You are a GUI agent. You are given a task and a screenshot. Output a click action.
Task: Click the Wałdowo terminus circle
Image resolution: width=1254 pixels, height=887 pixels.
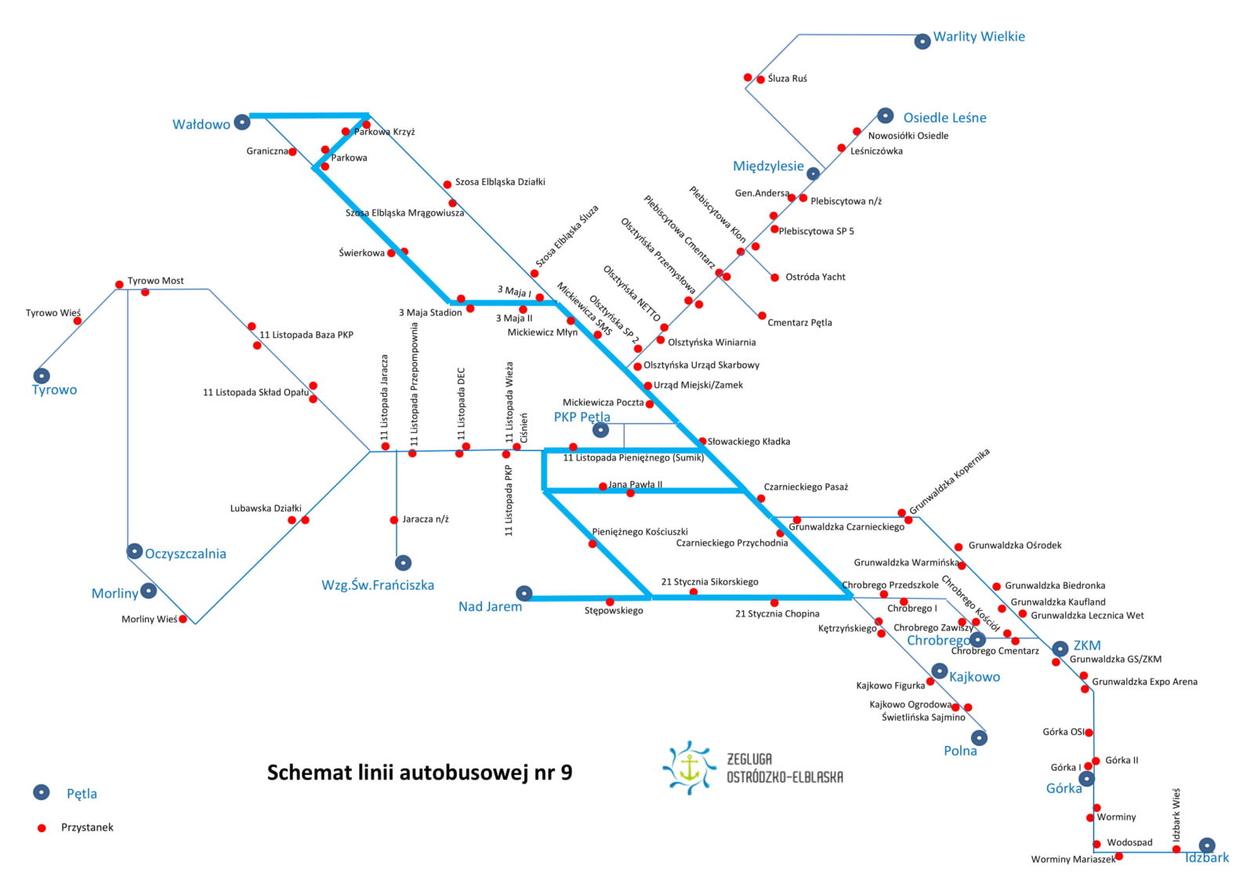tap(242, 122)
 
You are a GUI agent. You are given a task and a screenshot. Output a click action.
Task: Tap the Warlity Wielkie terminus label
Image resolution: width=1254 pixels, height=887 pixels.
tap(979, 36)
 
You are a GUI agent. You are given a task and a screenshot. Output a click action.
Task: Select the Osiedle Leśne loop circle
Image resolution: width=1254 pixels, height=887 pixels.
tap(885, 115)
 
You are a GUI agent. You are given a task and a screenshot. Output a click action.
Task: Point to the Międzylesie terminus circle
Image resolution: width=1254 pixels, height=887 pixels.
tap(813, 173)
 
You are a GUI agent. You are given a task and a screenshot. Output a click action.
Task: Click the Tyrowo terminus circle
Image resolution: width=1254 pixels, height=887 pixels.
tap(42, 375)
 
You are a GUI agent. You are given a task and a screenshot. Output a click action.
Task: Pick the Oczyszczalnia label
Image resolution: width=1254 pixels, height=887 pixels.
tap(185, 554)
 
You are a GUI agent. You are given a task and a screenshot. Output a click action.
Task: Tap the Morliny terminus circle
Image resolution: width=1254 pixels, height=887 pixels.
tap(148, 591)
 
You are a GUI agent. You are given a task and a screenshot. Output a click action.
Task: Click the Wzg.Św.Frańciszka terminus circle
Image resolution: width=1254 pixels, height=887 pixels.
tap(403, 562)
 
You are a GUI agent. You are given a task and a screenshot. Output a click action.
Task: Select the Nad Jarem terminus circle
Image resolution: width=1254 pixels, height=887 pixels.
tap(524, 593)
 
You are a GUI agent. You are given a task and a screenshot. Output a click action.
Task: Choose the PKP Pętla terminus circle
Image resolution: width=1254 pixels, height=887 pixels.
tap(600, 430)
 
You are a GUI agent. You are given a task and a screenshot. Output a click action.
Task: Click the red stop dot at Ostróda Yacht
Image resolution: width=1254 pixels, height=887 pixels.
tap(775, 278)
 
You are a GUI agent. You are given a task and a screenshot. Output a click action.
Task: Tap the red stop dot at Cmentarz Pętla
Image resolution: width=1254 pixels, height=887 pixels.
tap(762, 316)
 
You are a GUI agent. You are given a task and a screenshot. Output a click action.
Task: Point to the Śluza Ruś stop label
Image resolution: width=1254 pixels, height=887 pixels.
tap(787, 78)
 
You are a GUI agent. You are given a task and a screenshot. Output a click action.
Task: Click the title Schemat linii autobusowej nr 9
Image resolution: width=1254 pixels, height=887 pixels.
tap(420, 772)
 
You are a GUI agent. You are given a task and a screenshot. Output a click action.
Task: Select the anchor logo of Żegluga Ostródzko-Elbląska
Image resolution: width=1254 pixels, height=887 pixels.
tap(690, 768)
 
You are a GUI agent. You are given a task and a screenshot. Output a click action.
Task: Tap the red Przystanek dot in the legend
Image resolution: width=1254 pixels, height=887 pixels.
tap(42, 827)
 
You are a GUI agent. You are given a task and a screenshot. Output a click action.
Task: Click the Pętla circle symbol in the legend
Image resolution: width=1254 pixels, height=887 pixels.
tap(42, 792)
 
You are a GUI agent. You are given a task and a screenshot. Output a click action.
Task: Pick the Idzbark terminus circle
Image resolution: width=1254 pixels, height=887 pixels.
tap(1207, 845)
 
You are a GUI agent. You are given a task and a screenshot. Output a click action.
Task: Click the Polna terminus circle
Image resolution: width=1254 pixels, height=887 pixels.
tap(979, 737)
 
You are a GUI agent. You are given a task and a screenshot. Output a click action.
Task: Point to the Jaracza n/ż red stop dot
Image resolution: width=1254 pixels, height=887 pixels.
tap(394, 520)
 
